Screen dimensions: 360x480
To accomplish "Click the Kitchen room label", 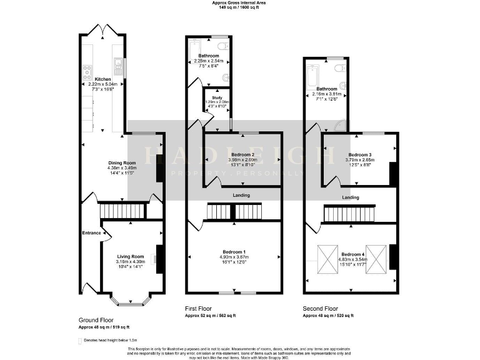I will pyautogui.click(x=103, y=79).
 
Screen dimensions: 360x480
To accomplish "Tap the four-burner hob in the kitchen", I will pyautogui.click(x=87, y=69).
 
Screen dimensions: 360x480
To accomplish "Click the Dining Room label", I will pyautogui.click(x=117, y=161).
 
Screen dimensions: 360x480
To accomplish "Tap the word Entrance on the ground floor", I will pyautogui.click(x=91, y=233).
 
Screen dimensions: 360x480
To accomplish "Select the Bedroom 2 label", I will pyautogui.click(x=242, y=154).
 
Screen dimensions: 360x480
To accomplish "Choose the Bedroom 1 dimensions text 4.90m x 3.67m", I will pyautogui.click(x=234, y=257).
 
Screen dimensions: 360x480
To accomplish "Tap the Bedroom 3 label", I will pyautogui.click(x=360, y=155).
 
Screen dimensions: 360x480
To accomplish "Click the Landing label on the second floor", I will pyautogui.click(x=350, y=198).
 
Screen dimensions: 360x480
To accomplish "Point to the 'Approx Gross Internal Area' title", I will pyautogui.click(x=240, y=3).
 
